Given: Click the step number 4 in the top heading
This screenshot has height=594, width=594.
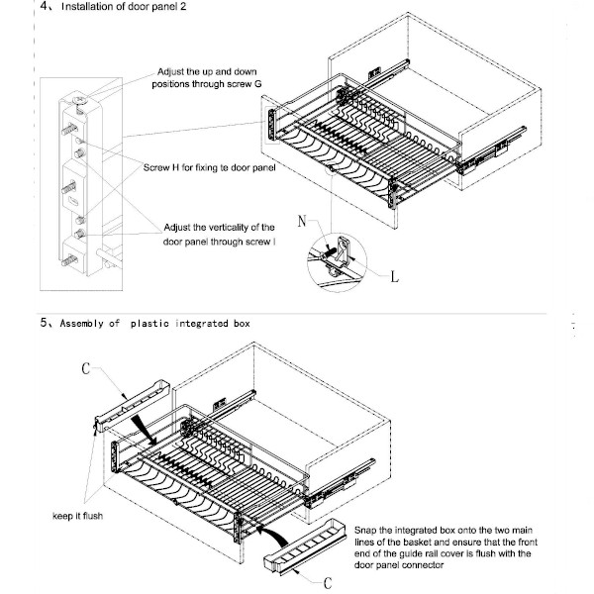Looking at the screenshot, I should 44,7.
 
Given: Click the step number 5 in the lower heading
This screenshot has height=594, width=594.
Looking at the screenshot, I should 44,324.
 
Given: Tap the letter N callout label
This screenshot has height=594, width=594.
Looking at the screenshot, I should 302,216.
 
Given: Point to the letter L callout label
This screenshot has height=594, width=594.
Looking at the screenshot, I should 394,278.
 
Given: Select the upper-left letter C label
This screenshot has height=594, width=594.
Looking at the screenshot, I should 86,371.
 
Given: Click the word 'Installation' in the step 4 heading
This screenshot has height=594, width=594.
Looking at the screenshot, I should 91,7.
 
